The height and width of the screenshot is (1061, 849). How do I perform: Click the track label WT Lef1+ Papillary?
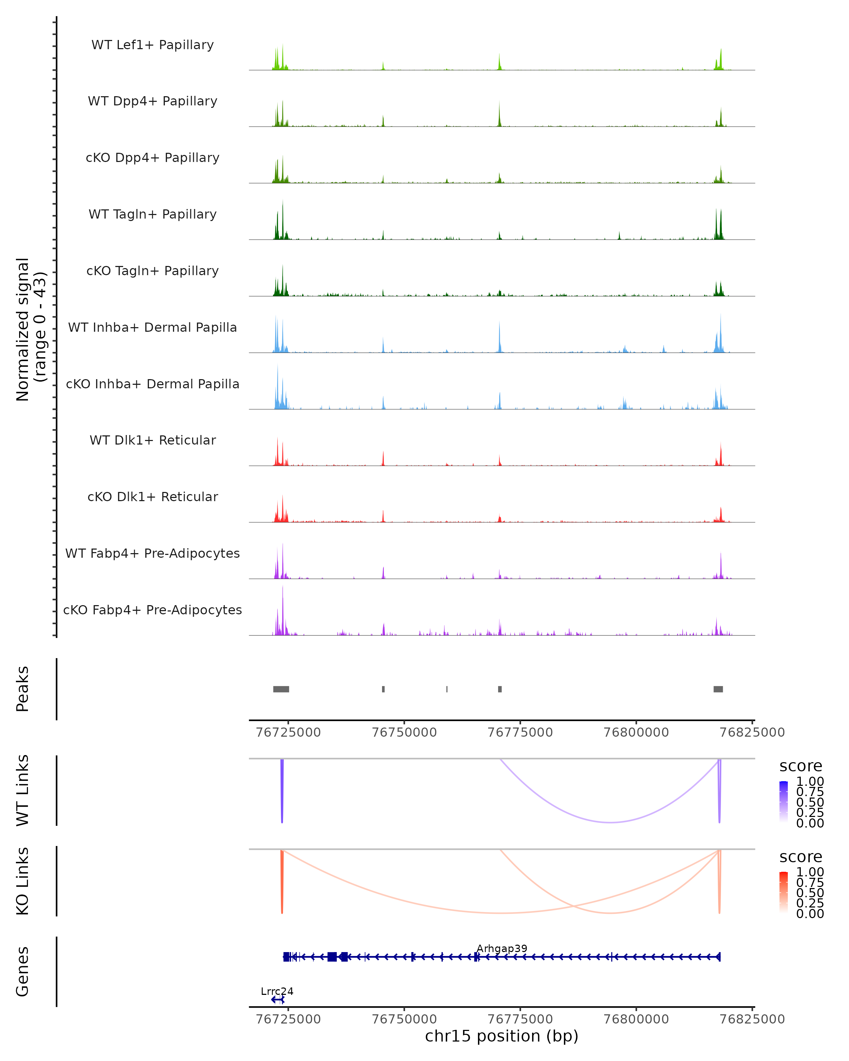(x=152, y=45)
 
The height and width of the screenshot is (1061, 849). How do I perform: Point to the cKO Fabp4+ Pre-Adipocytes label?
(x=152, y=610)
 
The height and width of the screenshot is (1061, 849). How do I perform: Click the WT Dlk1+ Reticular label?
(x=152, y=440)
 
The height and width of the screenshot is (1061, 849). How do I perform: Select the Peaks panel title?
(x=23, y=689)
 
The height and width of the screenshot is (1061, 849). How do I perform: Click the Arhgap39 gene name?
(x=502, y=948)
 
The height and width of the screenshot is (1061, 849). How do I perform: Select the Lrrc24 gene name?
(x=277, y=991)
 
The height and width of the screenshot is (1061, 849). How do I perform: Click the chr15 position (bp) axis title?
(x=502, y=1036)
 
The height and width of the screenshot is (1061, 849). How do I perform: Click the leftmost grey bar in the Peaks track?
(x=281, y=689)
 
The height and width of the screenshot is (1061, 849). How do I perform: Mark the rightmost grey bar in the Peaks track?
(x=718, y=689)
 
